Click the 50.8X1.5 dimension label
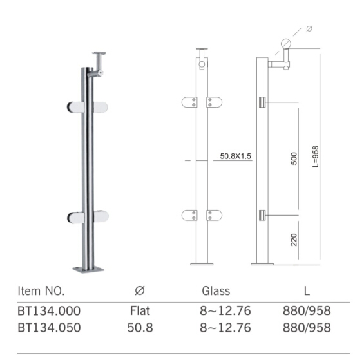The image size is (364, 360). [x=236, y=156]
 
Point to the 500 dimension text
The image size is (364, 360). [x=294, y=158]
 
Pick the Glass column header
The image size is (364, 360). [x=216, y=290]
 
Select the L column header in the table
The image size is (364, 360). [x=307, y=290]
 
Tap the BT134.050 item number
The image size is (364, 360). [x=49, y=328]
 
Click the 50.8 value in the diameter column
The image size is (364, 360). [x=140, y=328]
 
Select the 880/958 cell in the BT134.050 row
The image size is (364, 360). [x=307, y=328]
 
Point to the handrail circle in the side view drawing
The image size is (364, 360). [x=286, y=44]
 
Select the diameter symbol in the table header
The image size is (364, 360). [x=140, y=290]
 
